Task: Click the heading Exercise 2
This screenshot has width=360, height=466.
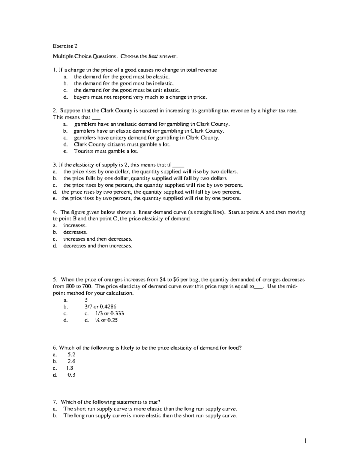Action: pos(65,46)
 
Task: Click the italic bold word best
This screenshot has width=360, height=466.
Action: pos(153,56)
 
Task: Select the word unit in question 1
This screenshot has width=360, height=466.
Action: pos(157,90)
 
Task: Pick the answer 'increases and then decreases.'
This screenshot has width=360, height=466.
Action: pos(98,239)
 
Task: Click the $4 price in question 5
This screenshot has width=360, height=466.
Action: pos(162,280)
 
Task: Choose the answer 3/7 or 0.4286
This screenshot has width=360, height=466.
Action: pos(100,307)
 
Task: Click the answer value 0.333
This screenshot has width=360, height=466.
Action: pos(117,314)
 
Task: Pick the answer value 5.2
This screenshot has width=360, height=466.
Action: pos(71,354)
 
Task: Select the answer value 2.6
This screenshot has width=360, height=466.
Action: pos(71,361)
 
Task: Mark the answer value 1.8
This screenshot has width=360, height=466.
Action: pos(70,368)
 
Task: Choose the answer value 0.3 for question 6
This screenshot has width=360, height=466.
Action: pos(71,375)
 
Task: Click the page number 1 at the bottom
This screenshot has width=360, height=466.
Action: pos(305,441)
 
